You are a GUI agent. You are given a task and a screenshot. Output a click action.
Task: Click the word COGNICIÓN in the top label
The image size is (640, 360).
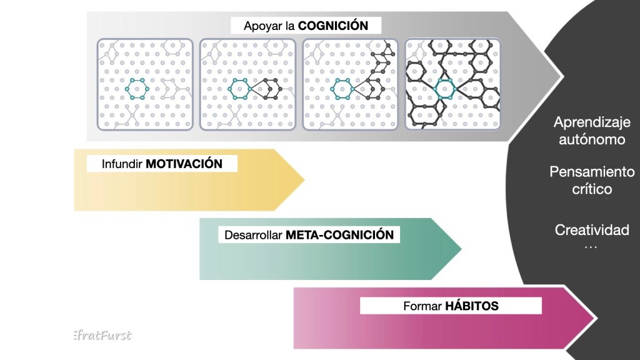[331, 26]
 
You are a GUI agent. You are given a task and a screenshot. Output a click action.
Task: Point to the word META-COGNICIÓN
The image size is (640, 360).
[339, 236]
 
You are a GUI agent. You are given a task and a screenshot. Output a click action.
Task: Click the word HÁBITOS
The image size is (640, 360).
[471, 306]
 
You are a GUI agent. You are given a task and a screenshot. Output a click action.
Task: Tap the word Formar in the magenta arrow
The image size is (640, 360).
[422, 306]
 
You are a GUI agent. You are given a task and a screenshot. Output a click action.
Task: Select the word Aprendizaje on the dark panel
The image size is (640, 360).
[591, 122]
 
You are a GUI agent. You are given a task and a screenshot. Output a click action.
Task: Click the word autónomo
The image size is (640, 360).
[591, 139]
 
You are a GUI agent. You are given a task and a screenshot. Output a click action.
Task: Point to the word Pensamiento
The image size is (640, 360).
[591, 172]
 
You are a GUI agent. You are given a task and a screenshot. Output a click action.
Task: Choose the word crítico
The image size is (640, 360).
[591, 189]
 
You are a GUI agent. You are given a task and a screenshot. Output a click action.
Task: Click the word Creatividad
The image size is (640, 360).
[591, 230]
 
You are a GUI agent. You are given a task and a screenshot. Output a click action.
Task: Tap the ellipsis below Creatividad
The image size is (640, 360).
[590, 246]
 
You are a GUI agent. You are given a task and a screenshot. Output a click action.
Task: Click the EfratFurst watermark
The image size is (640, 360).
[101, 335]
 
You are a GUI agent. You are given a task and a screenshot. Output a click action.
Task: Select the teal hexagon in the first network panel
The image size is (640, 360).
[136, 89]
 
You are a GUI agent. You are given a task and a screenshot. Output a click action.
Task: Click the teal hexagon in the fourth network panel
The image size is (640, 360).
[445, 89]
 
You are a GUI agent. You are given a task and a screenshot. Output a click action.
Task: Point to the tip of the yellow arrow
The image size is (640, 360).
[304, 181]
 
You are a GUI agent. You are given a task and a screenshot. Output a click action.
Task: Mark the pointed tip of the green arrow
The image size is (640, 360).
[461, 249]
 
